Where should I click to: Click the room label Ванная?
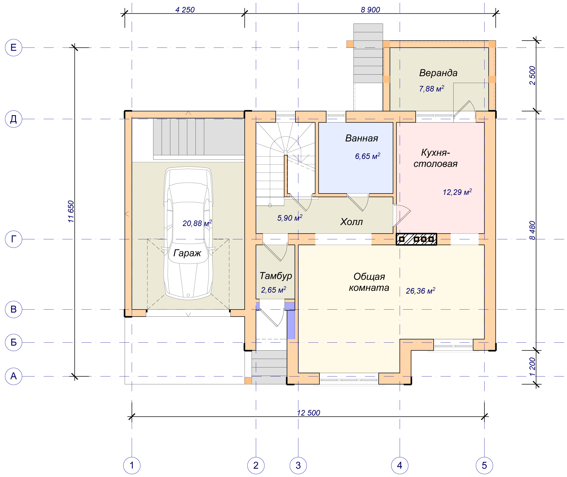pos(361,138)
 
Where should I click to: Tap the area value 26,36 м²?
pos(421,291)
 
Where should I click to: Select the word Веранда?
pos(438,73)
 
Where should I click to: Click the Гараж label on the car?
pos(187,253)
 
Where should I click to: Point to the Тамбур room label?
pos(276,276)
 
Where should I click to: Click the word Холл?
pos(351,222)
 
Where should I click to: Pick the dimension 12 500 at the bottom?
pos(308,413)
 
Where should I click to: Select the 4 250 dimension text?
pos(185,10)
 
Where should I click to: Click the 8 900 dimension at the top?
pos(370,10)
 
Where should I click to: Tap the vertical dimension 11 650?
pos(71,211)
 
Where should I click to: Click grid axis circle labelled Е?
pos(14,48)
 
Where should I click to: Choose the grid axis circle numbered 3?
pos(298,465)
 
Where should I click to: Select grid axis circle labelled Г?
pos(14,239)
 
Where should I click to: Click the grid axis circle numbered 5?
pos(484,465)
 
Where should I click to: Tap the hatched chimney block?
pos(416,239)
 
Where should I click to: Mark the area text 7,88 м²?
pos(432,89)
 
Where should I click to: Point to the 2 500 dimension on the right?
pos(532,76)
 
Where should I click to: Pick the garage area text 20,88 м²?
pos(197,223)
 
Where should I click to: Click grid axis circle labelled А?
pos(14,376)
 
